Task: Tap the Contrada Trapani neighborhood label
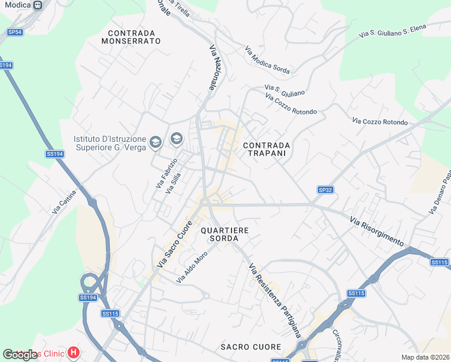pos(266,150)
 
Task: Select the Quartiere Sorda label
pos(224,234)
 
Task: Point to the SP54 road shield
pos(15,31)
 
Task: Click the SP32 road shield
pos(325,190)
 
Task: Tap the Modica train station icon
pos(38,5)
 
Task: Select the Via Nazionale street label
pos(213,69)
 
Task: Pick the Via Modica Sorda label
pos(267,60)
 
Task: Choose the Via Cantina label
pos(65,202)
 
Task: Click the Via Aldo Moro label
pos(192,268)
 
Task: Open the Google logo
pos(20,354)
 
